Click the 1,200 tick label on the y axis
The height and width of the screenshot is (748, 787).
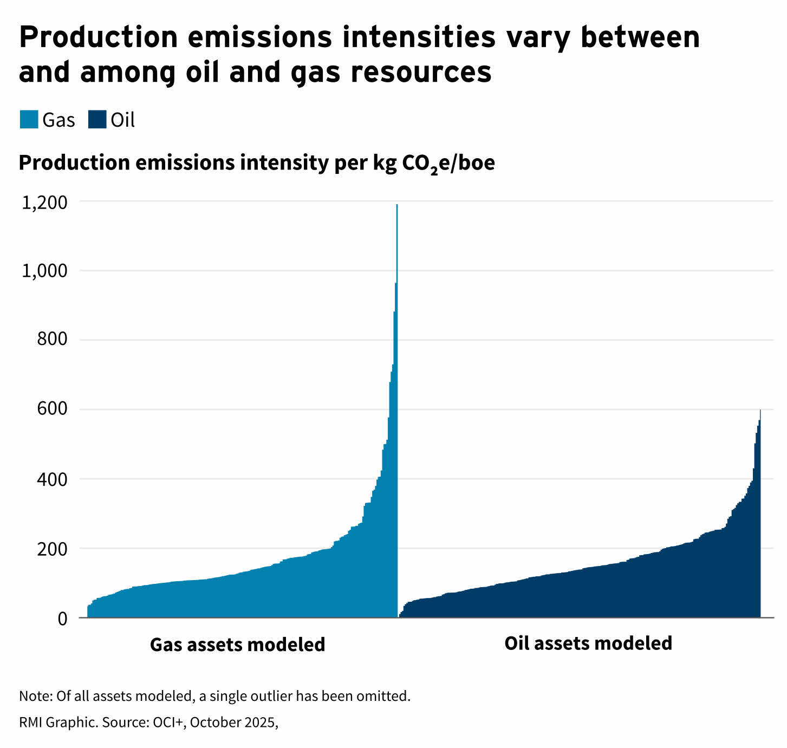point(44,203)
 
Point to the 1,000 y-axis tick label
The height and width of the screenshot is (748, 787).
point(44,271)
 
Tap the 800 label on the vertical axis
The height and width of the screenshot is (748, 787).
point(52,340)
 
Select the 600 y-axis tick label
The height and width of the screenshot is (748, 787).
point(52,409)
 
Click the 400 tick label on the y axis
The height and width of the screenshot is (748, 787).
point(52,479)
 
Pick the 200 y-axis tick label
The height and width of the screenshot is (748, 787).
point(52,549)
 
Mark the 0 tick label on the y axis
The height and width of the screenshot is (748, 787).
point(62,618)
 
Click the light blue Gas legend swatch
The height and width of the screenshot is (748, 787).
point(29,120)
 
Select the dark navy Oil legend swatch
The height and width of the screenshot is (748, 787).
point(97,120)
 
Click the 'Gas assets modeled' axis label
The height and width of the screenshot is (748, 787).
point(237,645)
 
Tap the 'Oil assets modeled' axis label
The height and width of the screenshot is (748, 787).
point(588,643)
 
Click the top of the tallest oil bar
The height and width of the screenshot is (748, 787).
point(760,411)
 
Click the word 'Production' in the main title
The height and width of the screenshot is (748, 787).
point(98,37)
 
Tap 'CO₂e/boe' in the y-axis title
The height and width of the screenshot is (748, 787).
point(448,163)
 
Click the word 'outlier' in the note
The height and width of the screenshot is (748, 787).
point(271,695)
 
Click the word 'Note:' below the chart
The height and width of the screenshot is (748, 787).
point(36,695)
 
